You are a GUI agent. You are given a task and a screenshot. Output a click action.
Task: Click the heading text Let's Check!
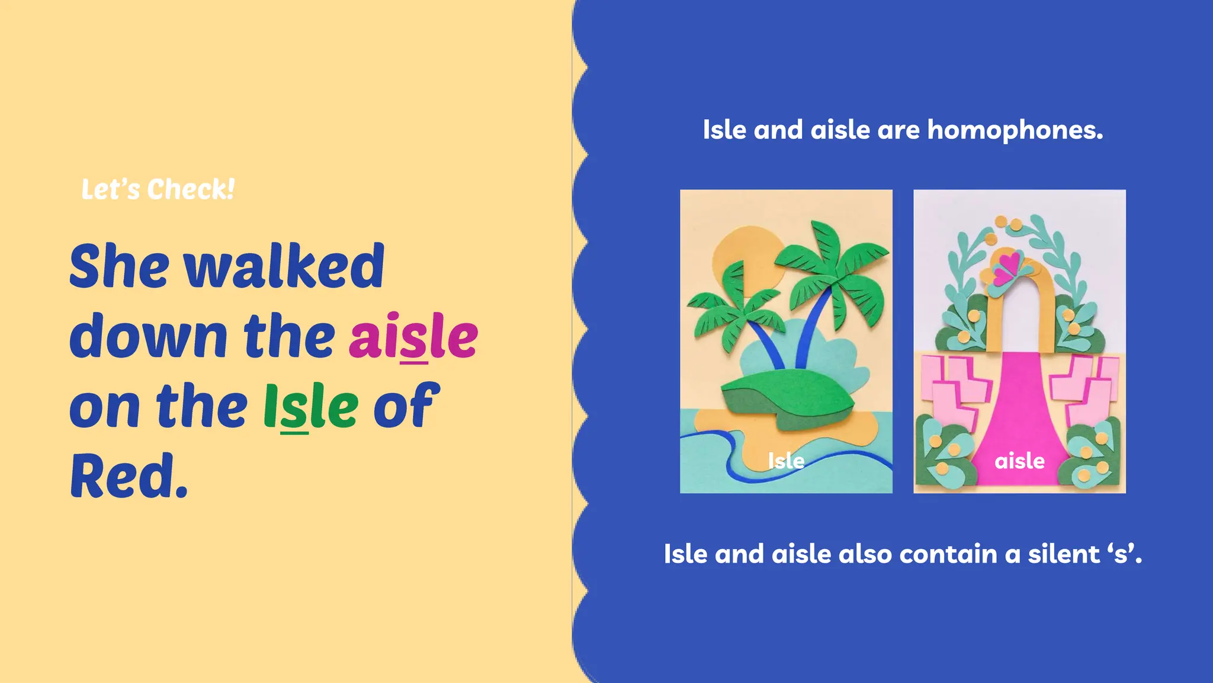(158, 190)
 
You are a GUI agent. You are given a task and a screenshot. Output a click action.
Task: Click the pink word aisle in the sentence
(413, 336)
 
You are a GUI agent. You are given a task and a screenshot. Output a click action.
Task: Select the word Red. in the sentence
(129, 476)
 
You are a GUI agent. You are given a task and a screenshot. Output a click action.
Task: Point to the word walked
(284, 267)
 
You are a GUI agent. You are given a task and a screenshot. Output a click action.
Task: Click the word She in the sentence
(119, 267)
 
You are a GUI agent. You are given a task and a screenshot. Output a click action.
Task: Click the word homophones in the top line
(1014, 130)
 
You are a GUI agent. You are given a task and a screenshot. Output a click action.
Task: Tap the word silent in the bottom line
(1064, 554)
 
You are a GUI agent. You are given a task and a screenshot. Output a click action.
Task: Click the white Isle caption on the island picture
(786, 461)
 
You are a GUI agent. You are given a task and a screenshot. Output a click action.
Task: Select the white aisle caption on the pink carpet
(1019, 461)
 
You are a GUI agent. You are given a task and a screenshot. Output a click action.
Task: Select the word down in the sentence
(148, 336)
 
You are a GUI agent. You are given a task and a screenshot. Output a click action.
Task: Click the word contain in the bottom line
(948, 554)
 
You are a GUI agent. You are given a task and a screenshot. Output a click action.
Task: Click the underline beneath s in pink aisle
(414, 361)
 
